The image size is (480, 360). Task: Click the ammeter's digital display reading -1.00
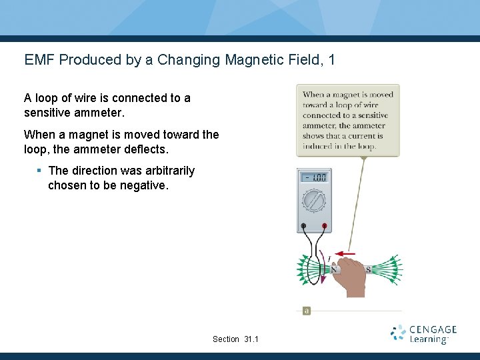[313, 178]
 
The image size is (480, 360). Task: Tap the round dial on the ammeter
[313, 201]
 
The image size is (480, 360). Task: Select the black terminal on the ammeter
[303, 226]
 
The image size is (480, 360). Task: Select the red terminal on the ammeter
[324, 226]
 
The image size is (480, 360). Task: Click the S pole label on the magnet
[368, 270]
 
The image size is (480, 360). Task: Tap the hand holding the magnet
[350, 280]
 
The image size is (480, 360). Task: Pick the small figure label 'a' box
[307, 311]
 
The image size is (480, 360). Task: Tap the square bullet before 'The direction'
[39, 171]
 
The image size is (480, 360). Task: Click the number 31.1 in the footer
[251, 339]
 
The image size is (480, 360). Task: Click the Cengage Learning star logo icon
[398, 333]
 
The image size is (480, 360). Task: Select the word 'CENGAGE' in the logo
[433, 329]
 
